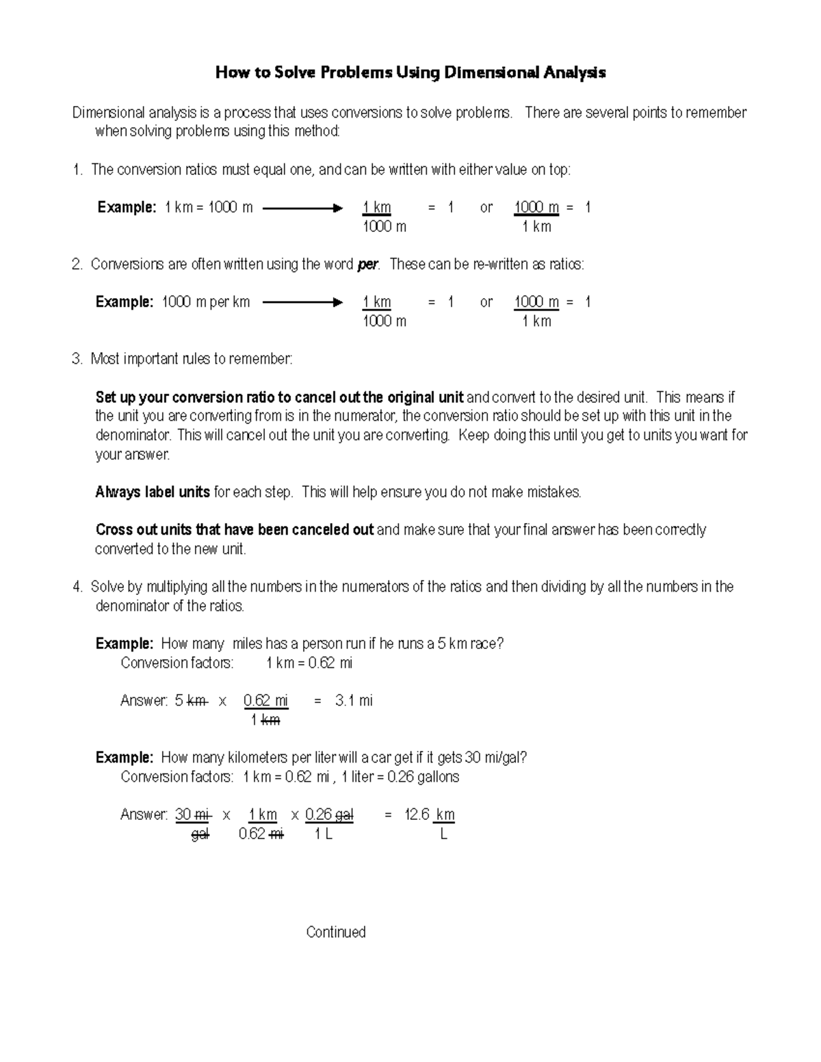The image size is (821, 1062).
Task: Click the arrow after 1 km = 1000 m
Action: [302, 208]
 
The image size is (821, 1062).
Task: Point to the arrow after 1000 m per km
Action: [302, 302]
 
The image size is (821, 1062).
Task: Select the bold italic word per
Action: [367, 265]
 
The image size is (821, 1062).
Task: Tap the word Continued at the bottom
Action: [336, 932]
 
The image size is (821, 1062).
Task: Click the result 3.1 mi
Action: [354, 700]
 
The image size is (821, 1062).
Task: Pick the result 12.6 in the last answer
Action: [417, 814]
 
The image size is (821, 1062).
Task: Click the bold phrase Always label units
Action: [153, 492]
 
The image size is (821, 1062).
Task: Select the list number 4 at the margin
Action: [77, 587]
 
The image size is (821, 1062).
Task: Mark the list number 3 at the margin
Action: [77, 359]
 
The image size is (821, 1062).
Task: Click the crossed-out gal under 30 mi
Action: [200, 834]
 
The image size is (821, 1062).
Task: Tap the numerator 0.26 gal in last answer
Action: [329, 814]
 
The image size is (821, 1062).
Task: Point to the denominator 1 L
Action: [324, 834]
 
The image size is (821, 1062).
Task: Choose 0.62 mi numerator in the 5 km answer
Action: [265, 700]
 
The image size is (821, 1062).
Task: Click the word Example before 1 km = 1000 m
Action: [127, 208]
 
